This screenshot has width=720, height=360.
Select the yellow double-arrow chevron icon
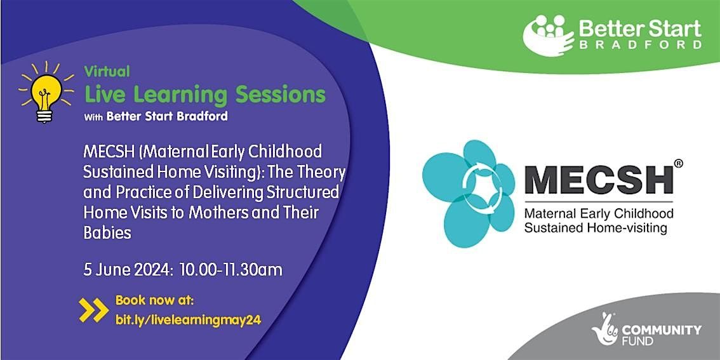(94, 309)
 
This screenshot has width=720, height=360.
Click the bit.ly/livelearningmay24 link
(188, 321)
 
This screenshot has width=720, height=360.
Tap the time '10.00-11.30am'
(231, 269)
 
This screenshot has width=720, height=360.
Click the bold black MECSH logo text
(599, 179)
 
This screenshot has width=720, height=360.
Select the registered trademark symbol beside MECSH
(679, 164)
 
